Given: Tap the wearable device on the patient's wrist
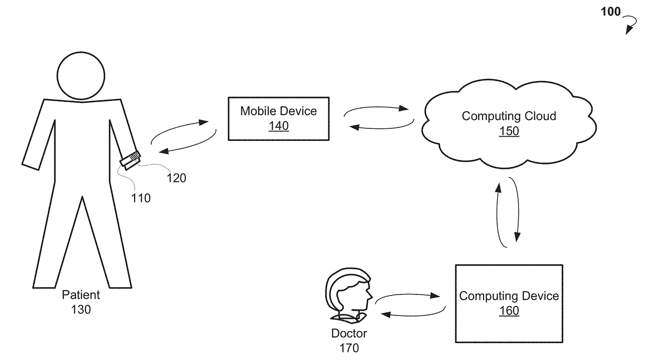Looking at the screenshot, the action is pyautogui.click(x=130, y=160).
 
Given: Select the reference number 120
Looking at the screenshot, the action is pyautogui.click(x=176, y=178).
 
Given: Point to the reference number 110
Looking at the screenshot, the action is pyautogui.click(x=141, y=199).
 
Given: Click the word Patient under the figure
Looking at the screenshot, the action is pyautogui.click(x=81, y=295).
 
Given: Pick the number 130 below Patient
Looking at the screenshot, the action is pyautogui.click(x=81, y=310).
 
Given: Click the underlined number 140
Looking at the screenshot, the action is pyautogui.click(x=278, y=126).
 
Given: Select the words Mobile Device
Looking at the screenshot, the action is pyautogui.click(x=278, y=111).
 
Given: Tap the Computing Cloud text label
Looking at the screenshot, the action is pyautogui.click(x=509, y=116).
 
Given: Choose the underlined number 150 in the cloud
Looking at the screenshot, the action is pyautogui.click(x=509, y=131).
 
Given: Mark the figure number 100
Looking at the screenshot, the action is pyautogui.click(x=610, y=12).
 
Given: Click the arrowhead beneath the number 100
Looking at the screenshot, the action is pyautogui.click(x=629, y=30).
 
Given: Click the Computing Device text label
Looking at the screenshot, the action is pyautogui.click(x=509, y=296).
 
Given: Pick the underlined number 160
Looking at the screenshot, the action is pyautogui.click(x=509, y=311).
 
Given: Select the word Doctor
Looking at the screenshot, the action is pyautogui.click(x=349, y=333).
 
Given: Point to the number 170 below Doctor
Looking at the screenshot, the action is pyautogui.click(x=349, y=348).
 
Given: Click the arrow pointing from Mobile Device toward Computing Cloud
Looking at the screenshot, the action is pyautogui.click(x=375, y=107).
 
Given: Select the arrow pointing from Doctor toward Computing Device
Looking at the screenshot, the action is pyautogui.click(x=407, y=295).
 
